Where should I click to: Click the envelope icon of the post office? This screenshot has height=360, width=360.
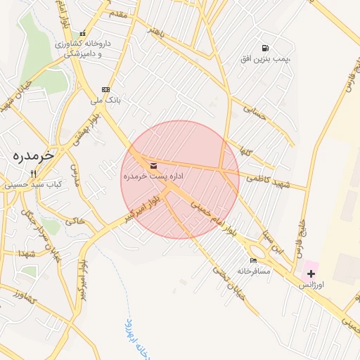(x=153, y=166)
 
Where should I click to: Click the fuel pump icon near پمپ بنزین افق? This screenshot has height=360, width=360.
(x=264, y=49)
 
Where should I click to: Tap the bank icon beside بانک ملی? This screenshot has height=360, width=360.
(x=106, y=89)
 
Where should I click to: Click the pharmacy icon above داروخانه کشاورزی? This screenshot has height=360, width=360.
(x=83, y=33)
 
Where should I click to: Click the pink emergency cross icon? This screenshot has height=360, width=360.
(x=311, y=272)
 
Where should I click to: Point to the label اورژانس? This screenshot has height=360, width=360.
(x=311, y=285)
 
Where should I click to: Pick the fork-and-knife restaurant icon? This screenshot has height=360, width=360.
(x=32, y=174)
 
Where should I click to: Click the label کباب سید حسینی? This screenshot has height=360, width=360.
(x=32, y=185)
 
